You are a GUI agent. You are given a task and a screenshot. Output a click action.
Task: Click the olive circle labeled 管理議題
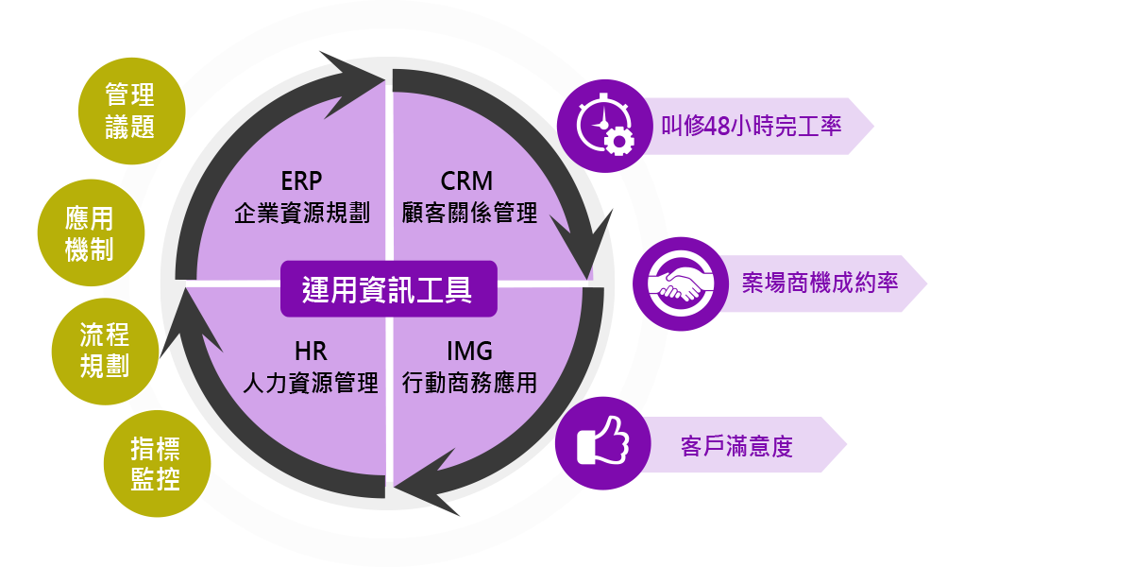(129, 111)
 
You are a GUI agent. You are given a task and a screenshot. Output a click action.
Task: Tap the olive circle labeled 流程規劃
(104, 351)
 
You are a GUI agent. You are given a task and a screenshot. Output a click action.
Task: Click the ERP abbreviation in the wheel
(302, 180)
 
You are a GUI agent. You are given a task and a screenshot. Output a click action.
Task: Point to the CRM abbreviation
(466, 180)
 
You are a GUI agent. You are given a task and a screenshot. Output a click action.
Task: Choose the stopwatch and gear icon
(605, 126)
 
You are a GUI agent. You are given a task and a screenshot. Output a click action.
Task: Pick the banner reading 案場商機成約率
(818, 283)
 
